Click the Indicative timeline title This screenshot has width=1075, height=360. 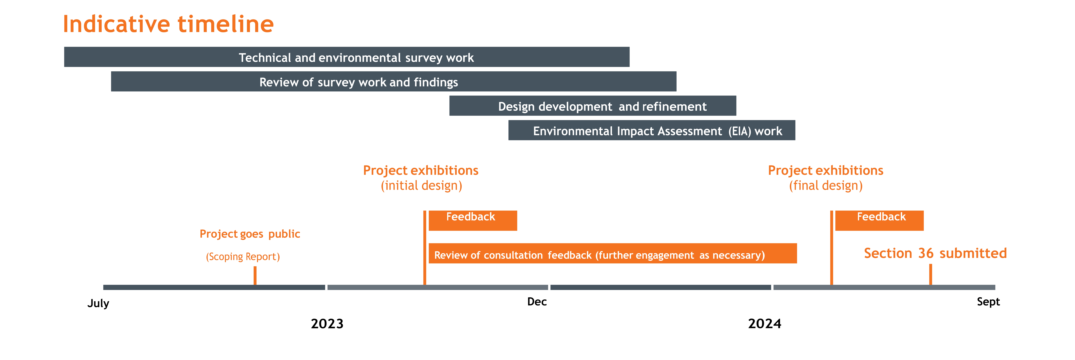[x=168, y=24]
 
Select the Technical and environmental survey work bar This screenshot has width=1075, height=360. [x=347, y=57]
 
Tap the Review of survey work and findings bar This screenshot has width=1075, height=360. [x=393, y=81]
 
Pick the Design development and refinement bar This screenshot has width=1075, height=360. [x=593, y=106]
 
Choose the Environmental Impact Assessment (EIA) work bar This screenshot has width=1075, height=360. [x=652, y=130]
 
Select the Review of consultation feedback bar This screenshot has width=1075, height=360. [x=613, y=253]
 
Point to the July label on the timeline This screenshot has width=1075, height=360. [x=98, y=303]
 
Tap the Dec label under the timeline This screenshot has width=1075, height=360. [x=537, y=302]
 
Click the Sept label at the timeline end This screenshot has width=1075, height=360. [x=988, y=302]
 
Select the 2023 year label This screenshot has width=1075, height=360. [x=327, y=324]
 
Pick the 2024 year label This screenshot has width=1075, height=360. [x=764, y=324]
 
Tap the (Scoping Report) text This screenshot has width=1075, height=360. [x=243, y=257]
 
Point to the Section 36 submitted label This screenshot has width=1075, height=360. [x=935, y=253]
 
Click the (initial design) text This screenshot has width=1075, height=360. [x=421, y=186]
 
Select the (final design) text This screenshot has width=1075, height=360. [x=826, y=186]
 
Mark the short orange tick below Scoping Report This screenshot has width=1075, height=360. [x=255, y=276]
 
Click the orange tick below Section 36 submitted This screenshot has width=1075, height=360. [x=931, y=274]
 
